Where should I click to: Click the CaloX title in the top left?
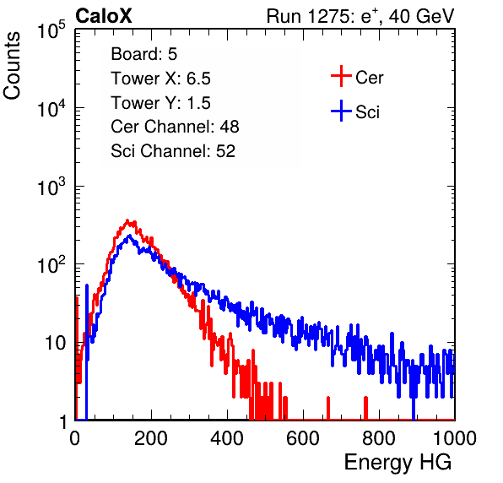(104, 16)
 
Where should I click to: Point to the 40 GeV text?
(421, 16)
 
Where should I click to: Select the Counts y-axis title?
(12, 66)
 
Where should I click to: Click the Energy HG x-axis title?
(398, 463)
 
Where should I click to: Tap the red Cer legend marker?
(341, 76)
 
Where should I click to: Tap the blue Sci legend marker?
(341, 111)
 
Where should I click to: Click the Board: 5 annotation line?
(144, 54)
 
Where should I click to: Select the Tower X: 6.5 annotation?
(160, 79)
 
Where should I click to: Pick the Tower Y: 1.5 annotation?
(160, 103)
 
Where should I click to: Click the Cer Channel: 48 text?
(175, 127)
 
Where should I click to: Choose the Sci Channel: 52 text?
(173, 151)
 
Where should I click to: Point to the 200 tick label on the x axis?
(151, 438)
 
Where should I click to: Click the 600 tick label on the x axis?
(303, 438)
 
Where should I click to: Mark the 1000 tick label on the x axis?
(455, 438)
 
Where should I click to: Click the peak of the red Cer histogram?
(127, 220)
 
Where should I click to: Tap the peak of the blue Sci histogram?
(129, 236)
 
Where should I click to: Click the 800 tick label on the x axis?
(379, 438)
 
